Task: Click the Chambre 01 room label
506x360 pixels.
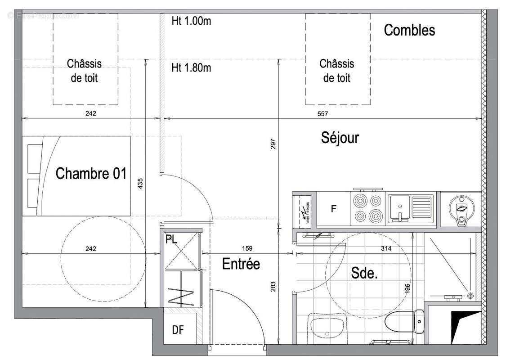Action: pos(91,173)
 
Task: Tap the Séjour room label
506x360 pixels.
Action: pos(340,137)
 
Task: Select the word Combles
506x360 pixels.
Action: pos(409,30)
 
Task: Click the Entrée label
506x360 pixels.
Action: pos(241,264)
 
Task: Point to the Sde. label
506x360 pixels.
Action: pos(363,273)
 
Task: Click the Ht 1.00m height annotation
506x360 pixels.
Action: pos(191,21)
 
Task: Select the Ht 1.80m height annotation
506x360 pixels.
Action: pos(191,68)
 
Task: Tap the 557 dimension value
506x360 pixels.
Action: pos(323,114)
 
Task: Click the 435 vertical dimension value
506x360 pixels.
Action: pos(140,184)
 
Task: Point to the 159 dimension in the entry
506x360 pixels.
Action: pos(247,248)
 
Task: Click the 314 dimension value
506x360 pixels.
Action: pos(386,248)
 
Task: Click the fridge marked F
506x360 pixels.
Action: pos(333,209)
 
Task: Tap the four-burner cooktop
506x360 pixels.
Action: pos(368,207)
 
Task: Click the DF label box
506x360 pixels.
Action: pos(178,330)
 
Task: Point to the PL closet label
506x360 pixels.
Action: pos(171,239)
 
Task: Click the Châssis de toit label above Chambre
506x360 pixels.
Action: pos(85,71)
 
